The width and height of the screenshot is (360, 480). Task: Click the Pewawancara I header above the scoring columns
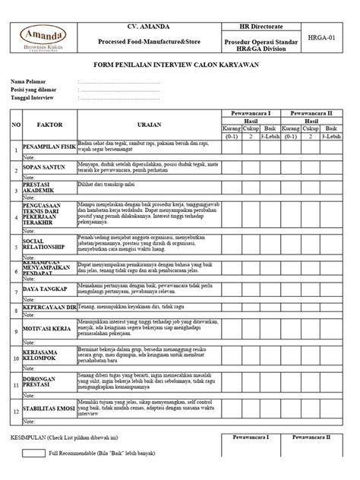[x=249, y=112]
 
